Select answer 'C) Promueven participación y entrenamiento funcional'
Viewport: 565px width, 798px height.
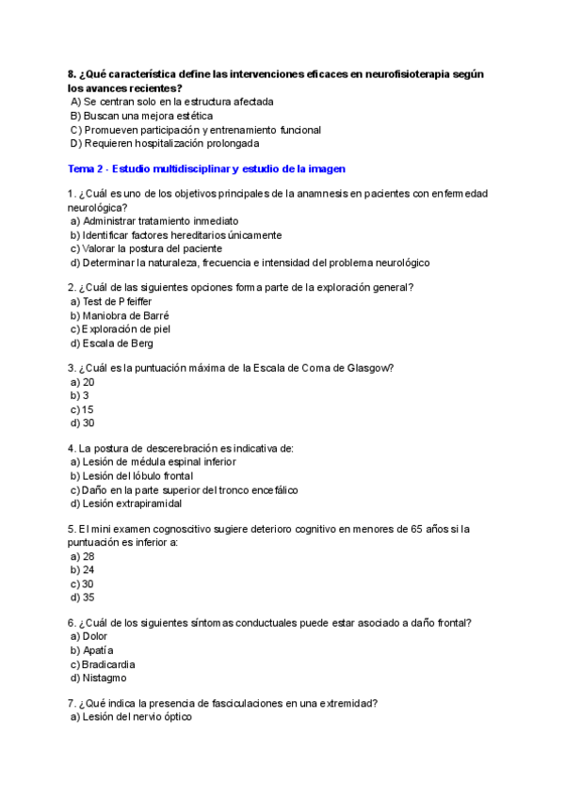(x=195, y=130)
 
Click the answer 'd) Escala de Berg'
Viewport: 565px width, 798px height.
(x=111, y=343)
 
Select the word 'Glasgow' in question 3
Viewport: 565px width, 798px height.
(x=374, y=367)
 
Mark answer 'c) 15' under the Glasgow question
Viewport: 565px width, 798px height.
(x=82, y=409)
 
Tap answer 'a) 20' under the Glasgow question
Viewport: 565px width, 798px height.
(x=82, y=382)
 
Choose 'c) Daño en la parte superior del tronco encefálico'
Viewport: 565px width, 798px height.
(x=184, y=489)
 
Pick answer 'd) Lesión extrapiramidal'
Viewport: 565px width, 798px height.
(x=125, y=503)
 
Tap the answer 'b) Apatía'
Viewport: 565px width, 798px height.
(x=91, y=650)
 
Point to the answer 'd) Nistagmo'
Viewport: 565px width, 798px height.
(x=98, y=678)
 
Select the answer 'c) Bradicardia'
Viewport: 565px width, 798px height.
(x=103, y=664)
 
